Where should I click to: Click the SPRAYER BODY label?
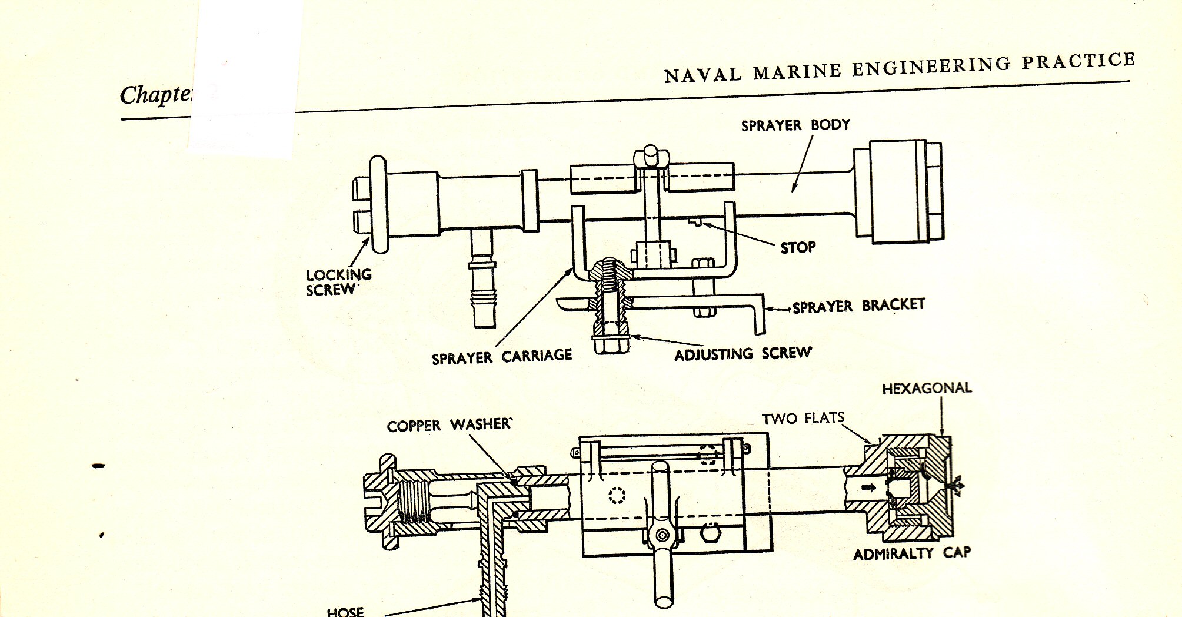pos(795,125)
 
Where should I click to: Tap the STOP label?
pos(798,247)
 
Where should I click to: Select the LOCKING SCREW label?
pos(338,282)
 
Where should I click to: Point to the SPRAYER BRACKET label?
pos(858,306)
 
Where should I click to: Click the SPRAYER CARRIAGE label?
pos(501,357)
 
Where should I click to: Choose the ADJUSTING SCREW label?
pos(743,354)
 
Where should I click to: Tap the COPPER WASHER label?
pos(450,425)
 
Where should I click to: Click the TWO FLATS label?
pos(803,418)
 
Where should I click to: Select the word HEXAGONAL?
pos(927,388)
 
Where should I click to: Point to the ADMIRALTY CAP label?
pos(912,553)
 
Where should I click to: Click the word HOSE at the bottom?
pos(345,611)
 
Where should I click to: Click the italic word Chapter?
pos(156,94)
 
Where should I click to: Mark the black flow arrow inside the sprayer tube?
pos(868,487)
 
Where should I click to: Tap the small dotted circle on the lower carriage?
pos(616,496)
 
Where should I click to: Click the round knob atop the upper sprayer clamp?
pos(651,155)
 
